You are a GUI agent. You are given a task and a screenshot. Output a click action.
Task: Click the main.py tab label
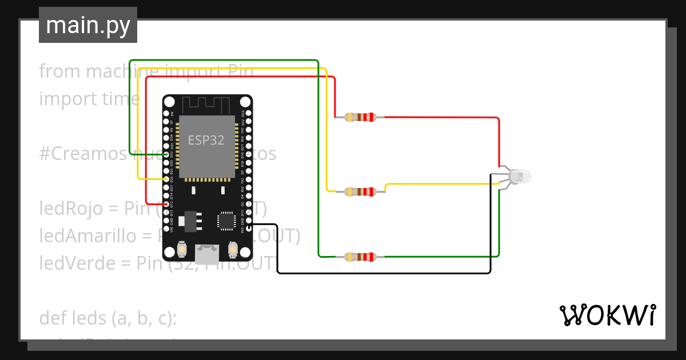click(x=87, y=26)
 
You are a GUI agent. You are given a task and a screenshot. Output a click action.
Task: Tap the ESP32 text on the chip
click(x=206, y=140)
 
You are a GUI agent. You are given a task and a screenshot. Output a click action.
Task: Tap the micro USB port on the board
click(x=207, y=254)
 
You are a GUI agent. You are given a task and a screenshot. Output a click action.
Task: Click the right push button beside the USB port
click(x=233, y=250)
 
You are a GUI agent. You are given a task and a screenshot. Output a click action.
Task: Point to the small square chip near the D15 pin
click(x=226, y=220)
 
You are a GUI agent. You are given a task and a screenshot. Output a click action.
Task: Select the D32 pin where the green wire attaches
click(x=166, y=154)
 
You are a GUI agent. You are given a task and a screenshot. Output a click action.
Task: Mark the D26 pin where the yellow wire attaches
click(x=166, y=179)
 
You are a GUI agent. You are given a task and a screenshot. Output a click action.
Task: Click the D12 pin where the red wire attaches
click(x=166, y=204)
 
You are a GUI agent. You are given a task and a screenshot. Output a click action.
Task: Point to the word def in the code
click(x=52, y=318)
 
